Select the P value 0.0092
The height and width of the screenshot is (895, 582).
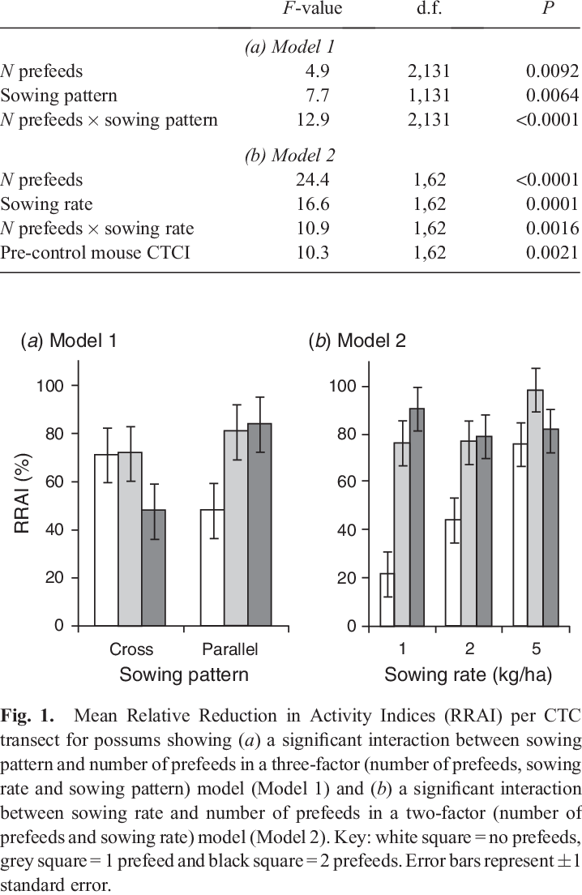click(x=550, y=71)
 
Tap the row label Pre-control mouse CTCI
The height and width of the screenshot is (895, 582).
click(x=95, y=253)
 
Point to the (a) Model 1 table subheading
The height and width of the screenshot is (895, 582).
click(x=290, y=47)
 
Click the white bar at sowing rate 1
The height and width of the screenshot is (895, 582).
click(x=387, y=599)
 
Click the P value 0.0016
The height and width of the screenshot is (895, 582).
click(x=550, y=229)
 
